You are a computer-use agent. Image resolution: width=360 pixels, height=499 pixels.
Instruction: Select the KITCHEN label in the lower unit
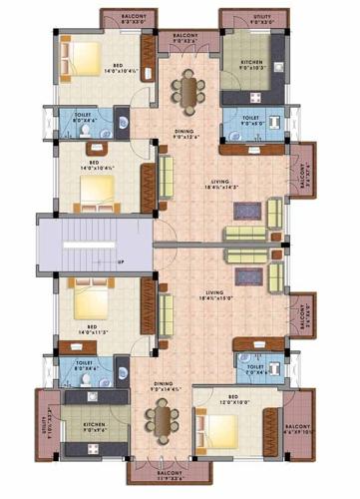(96, 427)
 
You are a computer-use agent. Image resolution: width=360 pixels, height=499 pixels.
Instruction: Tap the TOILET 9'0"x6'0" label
(250, 119)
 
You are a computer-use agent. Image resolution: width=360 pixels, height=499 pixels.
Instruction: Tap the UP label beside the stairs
(121, 263)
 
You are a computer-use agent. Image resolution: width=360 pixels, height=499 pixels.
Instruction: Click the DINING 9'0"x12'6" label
(184, 134)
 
